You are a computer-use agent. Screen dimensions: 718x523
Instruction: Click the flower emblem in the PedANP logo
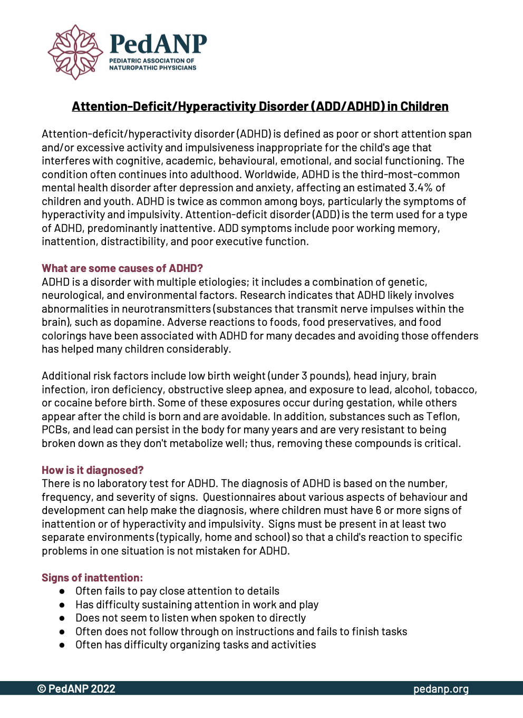pyautogui.click(x=75, y=52)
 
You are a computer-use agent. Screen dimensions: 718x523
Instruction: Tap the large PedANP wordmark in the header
pyautogui.click(x=158, y=44)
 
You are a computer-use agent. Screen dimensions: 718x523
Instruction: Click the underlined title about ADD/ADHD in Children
pyautogui.click(x=260, y=106)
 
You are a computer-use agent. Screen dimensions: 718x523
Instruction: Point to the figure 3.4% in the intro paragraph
pyautogui.click(x=421, y=188)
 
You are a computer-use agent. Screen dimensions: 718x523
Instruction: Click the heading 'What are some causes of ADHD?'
pyautogui.click(x=122, y=268)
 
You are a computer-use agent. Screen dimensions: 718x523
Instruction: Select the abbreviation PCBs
pyautogui.click(x=54, y=430)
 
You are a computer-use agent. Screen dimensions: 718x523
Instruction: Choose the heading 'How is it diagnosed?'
pyautogui.click(x=93, y=470)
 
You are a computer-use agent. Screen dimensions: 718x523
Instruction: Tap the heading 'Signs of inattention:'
pyautogui.click(x=92, y=578)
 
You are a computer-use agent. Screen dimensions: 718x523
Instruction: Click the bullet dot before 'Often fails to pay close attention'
pyautogui.click(x=62, y=591)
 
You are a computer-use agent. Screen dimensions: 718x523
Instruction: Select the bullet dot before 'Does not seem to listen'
pyautogui.click(x=62, y=618)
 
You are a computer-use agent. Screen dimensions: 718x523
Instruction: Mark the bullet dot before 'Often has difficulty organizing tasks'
pyautogui.click(x=62, y=645)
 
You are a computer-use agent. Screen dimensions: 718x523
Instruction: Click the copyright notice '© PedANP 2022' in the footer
pyautogui.click(x=76, y=689)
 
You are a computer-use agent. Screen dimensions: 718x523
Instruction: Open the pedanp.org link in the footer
pyautogui.click(x=441, y=689)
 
